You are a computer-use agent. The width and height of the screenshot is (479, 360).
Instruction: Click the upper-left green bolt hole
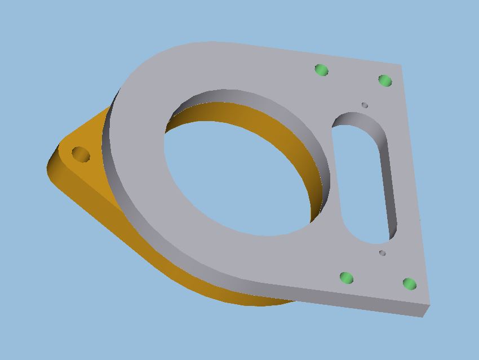click(x=321, y=70)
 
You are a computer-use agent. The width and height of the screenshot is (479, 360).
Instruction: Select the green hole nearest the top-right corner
click(x=385, y=81)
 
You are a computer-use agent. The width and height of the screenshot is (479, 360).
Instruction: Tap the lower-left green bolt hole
click(x=347, y=278)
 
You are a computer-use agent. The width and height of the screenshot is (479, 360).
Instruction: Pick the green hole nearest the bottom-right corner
click(x=410, y=284)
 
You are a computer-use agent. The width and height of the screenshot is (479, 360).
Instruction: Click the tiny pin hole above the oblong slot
click(x=365, y=105)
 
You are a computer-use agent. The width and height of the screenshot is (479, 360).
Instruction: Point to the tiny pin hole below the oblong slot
click(x=382, y=253)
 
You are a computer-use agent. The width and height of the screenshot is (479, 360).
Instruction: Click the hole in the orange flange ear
click(x=81, y=154)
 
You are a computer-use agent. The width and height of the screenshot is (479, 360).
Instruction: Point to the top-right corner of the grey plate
click(x=401, y=65)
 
